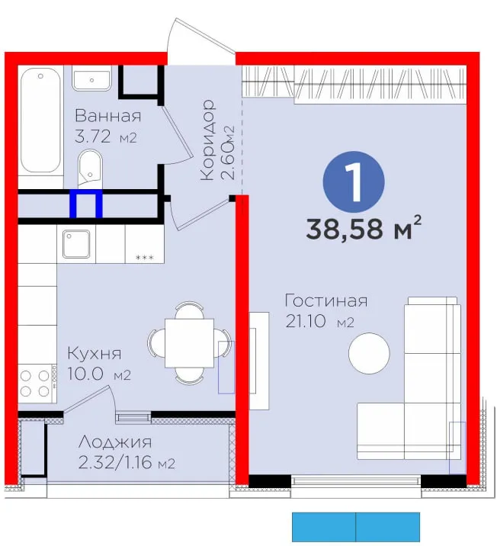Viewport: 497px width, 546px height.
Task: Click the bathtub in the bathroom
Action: tap(40, 120)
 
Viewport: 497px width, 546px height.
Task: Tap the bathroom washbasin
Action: tap(92, 79)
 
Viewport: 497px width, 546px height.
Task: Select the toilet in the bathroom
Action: tap(90, 169)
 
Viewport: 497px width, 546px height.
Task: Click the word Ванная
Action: tap(108, 116)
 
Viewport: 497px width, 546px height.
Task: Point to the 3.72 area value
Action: tap(92, 136)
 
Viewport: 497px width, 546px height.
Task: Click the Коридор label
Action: tap(208, 140)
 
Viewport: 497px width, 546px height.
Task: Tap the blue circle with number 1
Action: tap(354, 181)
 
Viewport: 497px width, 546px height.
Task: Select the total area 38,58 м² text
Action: tap(364, 229)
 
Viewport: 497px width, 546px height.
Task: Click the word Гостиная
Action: tap(326, 300)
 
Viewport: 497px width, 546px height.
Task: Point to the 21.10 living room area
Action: tap(306, 321)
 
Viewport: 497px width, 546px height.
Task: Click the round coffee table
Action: tap(369, 353)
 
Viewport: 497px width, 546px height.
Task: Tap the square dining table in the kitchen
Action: tap(189, 343)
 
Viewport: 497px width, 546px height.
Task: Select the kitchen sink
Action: tap(76, 244)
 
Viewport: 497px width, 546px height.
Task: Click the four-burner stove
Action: tap(37, 384)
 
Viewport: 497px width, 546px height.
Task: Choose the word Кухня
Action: tap(95, 354)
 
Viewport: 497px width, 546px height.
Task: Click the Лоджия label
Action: tap(115, 442)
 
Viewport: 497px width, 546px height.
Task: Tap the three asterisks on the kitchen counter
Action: tap(144, 258)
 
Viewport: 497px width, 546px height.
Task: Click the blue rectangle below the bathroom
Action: tap(86, 204)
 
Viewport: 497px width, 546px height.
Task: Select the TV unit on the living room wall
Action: tap(259, 361)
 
